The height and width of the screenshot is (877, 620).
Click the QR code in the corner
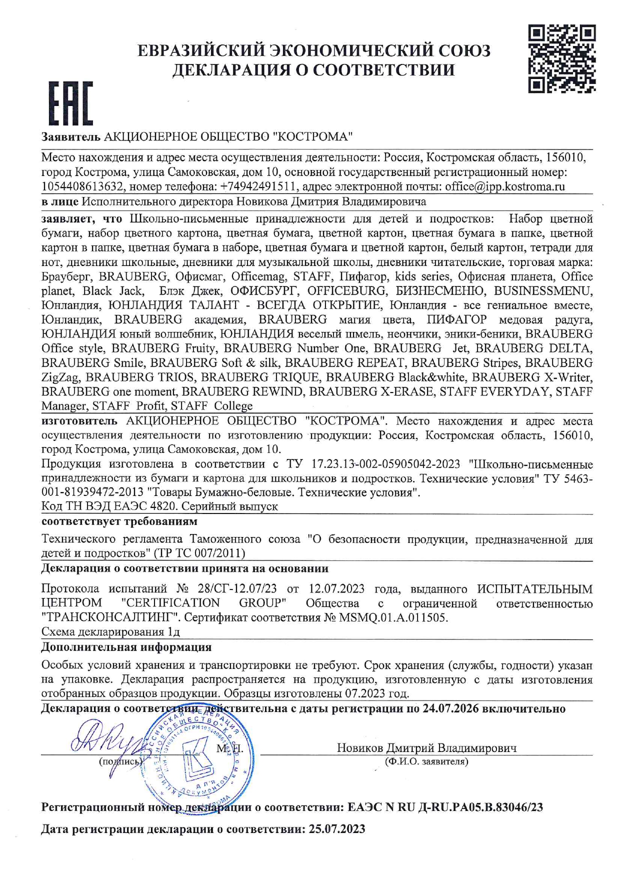point(562,59)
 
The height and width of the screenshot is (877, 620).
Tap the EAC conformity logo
point(70,103)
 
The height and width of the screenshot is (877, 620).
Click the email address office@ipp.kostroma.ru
point(504,187)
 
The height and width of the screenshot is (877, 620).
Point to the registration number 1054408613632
point(82,187)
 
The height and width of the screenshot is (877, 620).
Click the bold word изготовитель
point(79,421)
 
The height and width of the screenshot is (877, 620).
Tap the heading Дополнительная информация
point(126,647)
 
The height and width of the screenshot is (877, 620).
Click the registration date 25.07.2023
point(336,829)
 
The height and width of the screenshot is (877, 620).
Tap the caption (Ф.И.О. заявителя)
point(426,761)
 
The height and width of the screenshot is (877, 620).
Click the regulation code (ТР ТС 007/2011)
point(200,553)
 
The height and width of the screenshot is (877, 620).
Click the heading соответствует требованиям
point(119,521)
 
